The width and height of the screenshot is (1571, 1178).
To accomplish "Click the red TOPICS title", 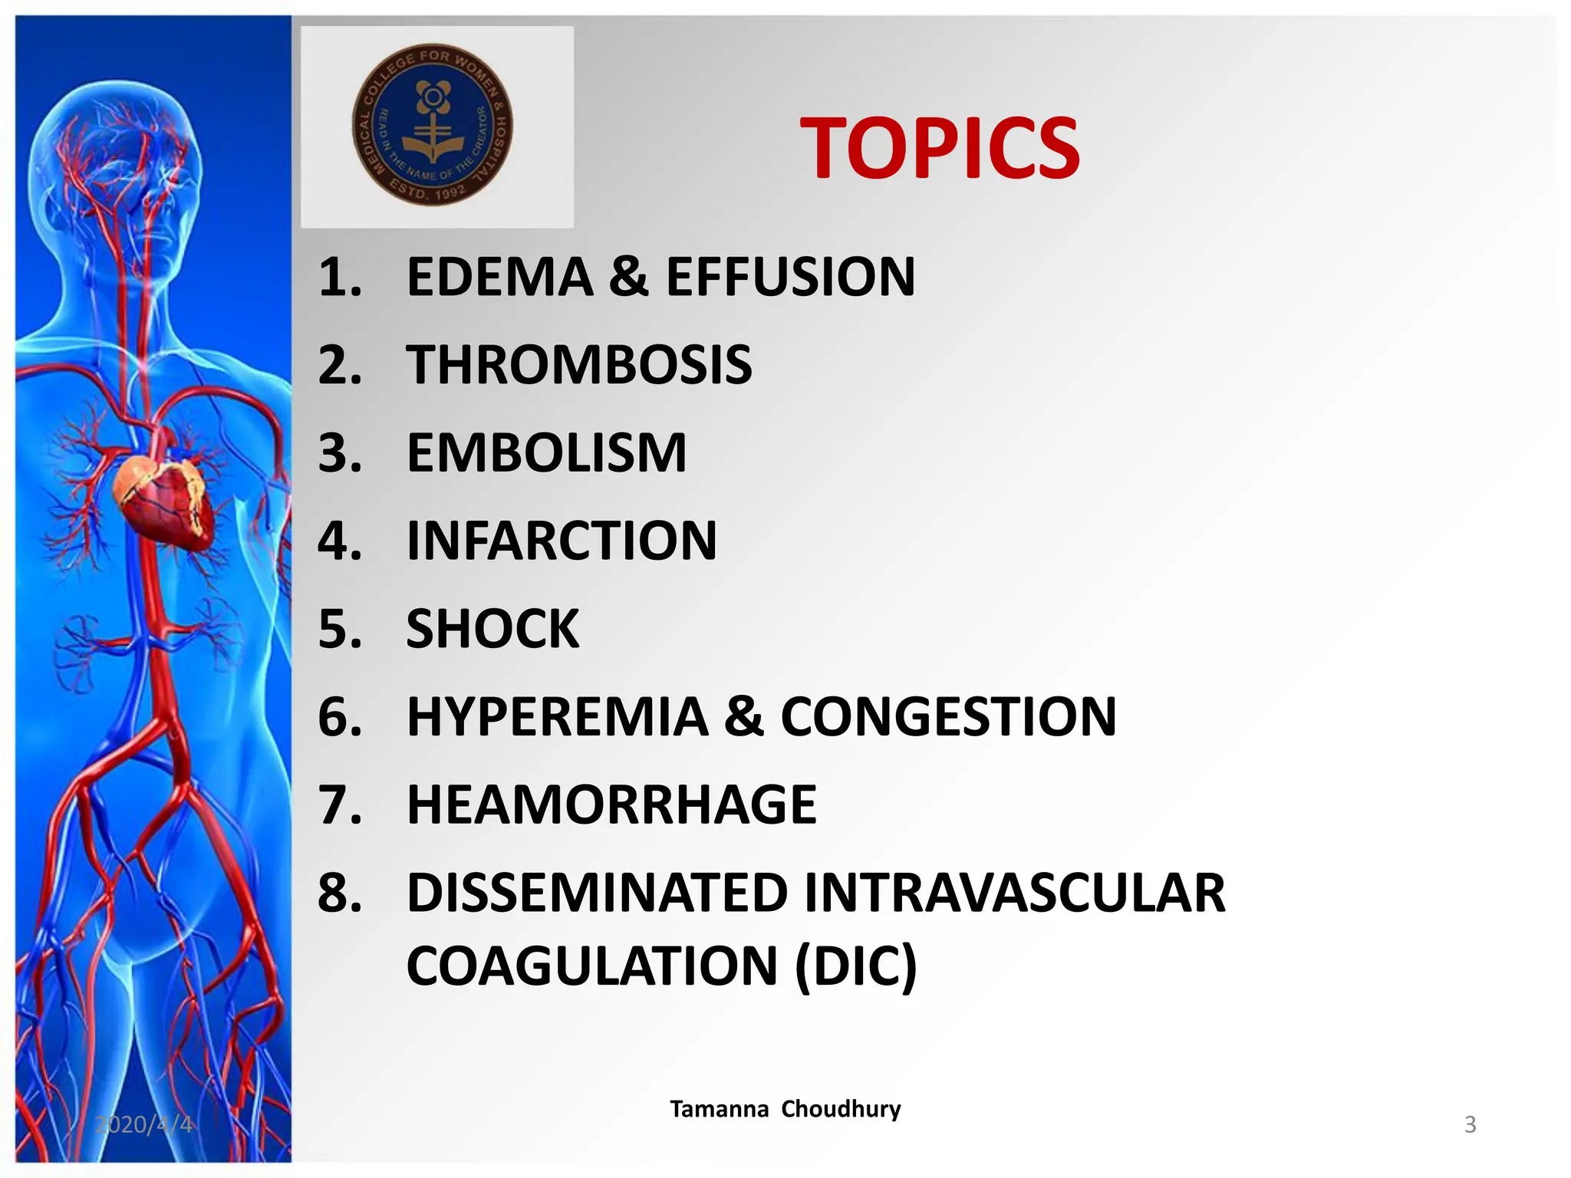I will point(939,149).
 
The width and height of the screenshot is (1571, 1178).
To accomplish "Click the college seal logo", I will point(433,125).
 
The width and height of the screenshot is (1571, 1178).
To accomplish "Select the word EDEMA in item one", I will point(499,277).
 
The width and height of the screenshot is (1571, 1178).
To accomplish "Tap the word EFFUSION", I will point(790,277).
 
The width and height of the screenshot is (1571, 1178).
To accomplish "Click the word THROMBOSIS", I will point(579,365).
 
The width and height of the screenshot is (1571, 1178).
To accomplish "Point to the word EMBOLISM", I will point(546,453).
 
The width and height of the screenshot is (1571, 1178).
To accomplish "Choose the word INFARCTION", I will point(562,541).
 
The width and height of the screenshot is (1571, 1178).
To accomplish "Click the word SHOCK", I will point(492,630).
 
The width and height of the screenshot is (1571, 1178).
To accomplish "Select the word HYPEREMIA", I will point(557,718).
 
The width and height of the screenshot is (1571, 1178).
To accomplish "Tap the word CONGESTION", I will point(948,718).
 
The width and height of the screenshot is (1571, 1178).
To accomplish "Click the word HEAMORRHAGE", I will point(611,805).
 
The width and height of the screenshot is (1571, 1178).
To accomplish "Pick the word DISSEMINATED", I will point(597,893).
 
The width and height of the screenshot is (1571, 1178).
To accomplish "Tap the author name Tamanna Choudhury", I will point(785,1109).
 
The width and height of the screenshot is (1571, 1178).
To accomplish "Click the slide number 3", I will point(1470,1124).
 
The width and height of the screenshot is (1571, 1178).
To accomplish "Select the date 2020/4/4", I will point(143,1124).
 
